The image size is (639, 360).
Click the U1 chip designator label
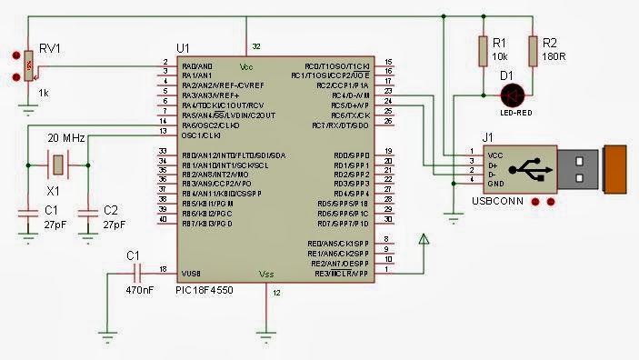[x=183, y=46]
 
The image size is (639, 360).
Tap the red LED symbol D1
[x=514, y=93]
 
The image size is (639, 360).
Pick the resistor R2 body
[x=532, y=51]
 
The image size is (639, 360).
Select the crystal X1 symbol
[x=56, y=165]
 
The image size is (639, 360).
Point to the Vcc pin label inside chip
[x=246, y=67]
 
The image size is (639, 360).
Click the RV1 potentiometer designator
[x=48, y=50]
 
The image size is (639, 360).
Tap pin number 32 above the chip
[x=256, y=45]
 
